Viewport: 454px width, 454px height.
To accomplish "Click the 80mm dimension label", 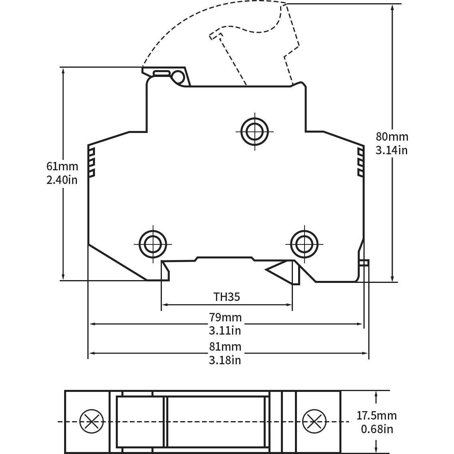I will pos(392,137).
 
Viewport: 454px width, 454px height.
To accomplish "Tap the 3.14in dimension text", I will pos(392,150).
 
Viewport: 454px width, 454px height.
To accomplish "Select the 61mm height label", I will pos(62,166).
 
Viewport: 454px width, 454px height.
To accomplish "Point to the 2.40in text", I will pos(62,180).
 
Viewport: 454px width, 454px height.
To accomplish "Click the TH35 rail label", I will pos(226,297).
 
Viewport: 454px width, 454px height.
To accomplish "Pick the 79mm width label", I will pos(225,317).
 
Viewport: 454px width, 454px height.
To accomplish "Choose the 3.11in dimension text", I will pos(225,331).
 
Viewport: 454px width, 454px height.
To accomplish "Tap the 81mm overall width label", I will pos(225,346).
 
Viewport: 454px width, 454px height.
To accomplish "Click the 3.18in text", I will pos(225,360).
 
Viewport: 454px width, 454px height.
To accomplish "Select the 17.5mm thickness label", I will pos(376,416).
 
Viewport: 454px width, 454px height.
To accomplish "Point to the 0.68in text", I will pos(376,429).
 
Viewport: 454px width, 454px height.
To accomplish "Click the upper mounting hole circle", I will pos(255,131).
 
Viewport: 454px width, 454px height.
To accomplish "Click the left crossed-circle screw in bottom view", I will pos(92,422).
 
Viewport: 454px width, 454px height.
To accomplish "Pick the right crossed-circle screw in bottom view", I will pos(314,422).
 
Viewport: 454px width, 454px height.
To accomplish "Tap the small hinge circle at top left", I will pos(177,76).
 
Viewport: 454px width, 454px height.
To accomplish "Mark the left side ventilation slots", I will pos(91,163).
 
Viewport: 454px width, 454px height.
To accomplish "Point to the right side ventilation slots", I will pos(360,163).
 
